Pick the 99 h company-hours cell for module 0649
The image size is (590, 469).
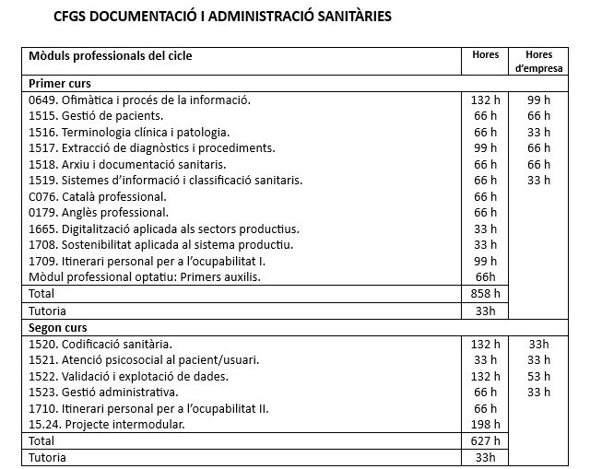(x=538, y=100)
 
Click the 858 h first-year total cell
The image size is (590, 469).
(x=485, y=293)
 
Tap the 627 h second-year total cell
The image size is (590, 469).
(x=485, y=440)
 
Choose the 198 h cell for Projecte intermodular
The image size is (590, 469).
(x=485, y=424)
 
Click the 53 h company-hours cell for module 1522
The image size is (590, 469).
(x=538, y=376)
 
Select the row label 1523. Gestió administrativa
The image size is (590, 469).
(x=103, y=393)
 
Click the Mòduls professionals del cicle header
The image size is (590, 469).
(x=111, y=56)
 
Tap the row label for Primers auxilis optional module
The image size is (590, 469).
(x=138, y=276)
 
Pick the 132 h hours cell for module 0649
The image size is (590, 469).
(x=485, y=100)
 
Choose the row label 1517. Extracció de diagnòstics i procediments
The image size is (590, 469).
(x=152, y=147)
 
